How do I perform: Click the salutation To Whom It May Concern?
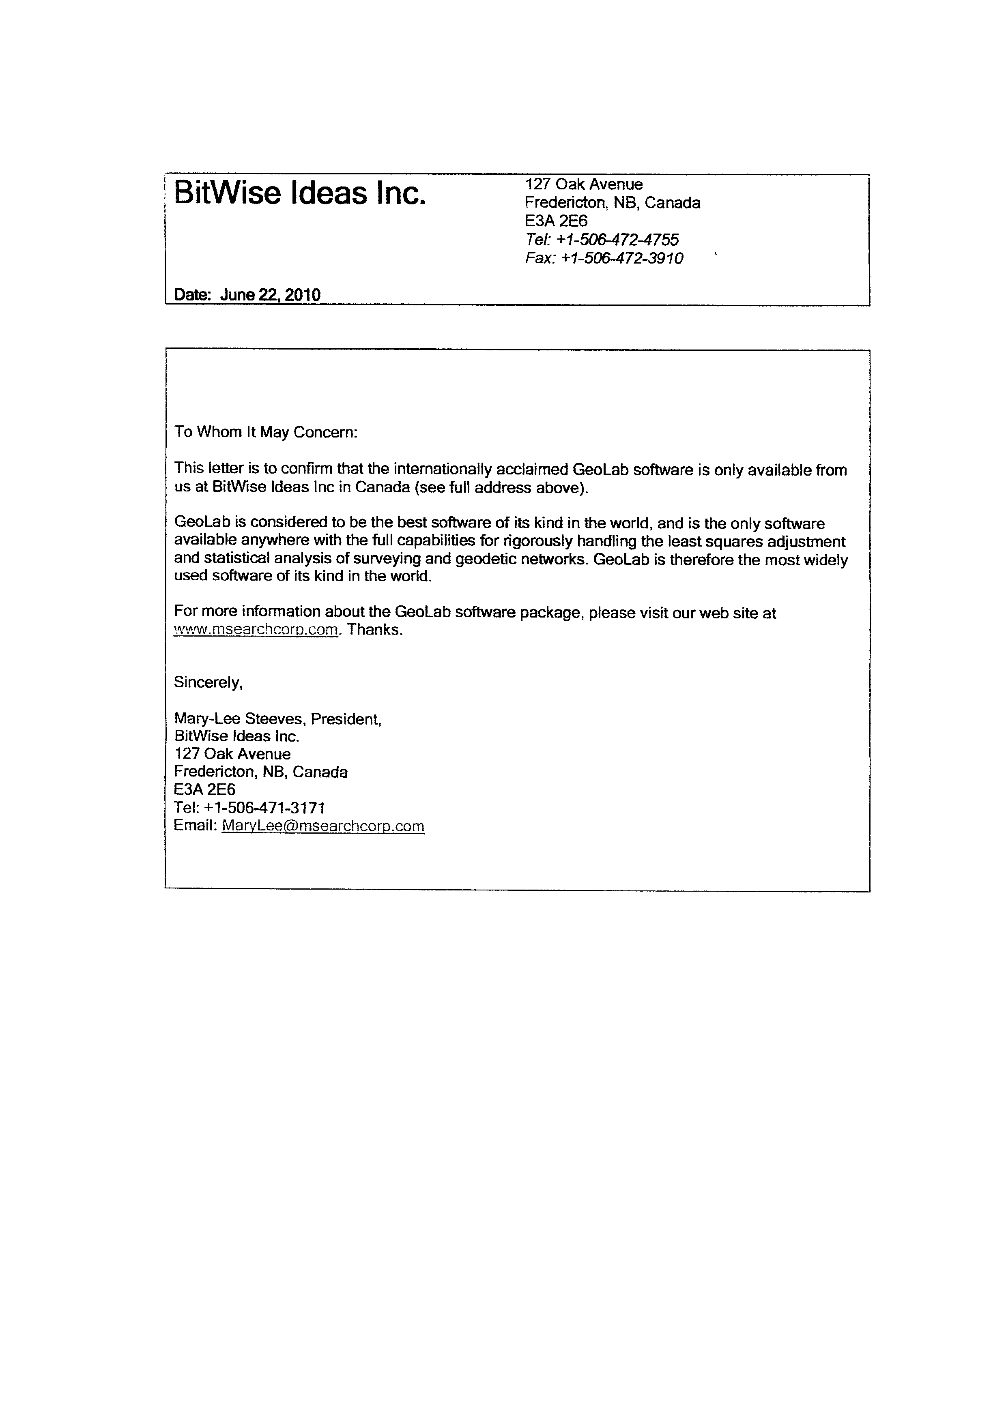(x=266, y=432)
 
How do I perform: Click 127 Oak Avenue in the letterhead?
(x=584, y=184)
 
